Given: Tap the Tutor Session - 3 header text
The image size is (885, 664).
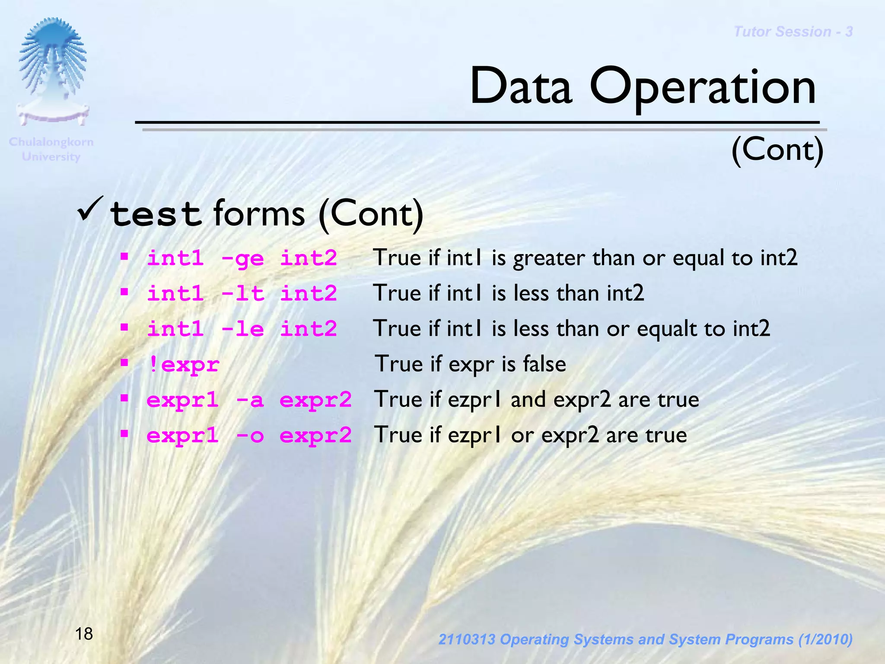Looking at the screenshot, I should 793,32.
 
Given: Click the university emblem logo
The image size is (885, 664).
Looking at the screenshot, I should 53,71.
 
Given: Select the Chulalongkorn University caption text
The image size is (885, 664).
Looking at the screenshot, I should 51,149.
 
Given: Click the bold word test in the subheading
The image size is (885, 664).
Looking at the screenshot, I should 156,215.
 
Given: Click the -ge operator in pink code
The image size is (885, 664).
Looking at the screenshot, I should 242,259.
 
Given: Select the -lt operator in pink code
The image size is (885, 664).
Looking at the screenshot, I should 242,294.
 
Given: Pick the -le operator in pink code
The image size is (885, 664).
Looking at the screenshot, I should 242,329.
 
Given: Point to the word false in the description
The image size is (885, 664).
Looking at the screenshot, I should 544,364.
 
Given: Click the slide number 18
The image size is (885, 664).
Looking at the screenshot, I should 84,634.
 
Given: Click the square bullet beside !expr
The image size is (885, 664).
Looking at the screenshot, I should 124,362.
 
